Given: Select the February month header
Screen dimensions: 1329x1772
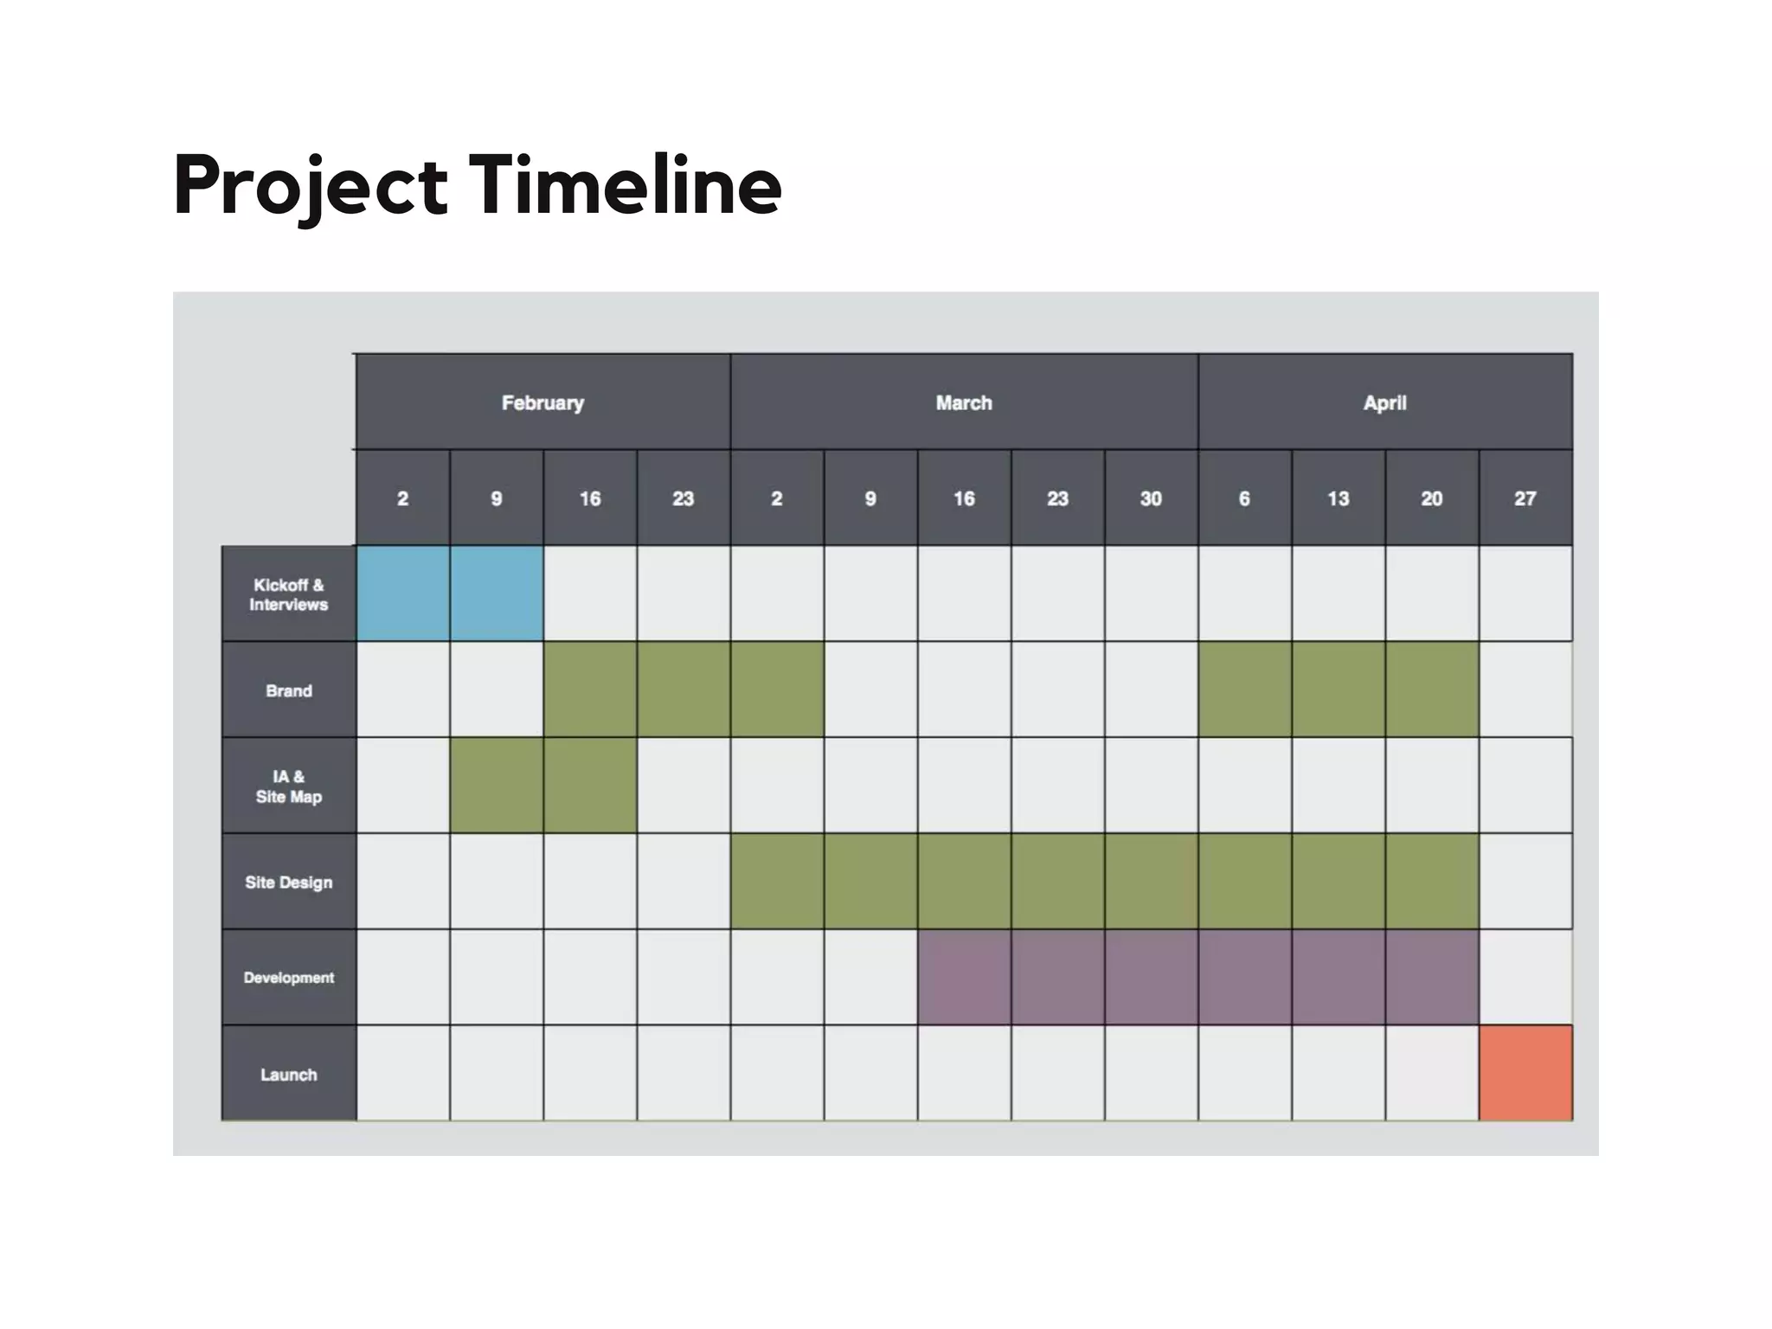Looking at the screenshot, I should pos(543,402).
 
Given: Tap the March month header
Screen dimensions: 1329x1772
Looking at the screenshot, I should pos(964,402).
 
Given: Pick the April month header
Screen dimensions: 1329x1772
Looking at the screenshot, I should pos(1384,402).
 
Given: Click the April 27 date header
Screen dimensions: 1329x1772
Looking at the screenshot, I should pos(1525,498).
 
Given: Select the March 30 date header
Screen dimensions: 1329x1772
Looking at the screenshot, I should pos(1151,498).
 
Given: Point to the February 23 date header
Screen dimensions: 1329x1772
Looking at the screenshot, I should pos(684,498).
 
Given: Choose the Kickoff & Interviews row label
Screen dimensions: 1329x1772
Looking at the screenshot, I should pos(289,594).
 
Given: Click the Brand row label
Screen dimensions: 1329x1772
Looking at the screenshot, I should pos(289,690).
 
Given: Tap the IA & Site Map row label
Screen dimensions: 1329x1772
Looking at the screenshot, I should pos(289,786).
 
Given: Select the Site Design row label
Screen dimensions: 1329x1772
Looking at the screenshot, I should pos(289,882).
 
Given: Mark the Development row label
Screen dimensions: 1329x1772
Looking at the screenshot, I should pos(289,978).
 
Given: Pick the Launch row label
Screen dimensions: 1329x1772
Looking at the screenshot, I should pos(289,1074).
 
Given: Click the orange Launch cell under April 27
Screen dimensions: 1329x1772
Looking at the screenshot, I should pos(1525,1073).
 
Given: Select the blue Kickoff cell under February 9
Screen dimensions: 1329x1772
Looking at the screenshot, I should pos(497,594).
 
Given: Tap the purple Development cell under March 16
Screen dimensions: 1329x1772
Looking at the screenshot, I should pos(964,977).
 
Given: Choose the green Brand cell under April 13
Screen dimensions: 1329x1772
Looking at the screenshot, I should pos(1339,690).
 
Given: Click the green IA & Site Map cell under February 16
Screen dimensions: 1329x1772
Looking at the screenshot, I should pos(590,786).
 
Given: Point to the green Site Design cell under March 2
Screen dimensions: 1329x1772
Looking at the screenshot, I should pos(777,881).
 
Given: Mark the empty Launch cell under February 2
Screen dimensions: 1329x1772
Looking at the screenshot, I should pos(403,1073).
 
